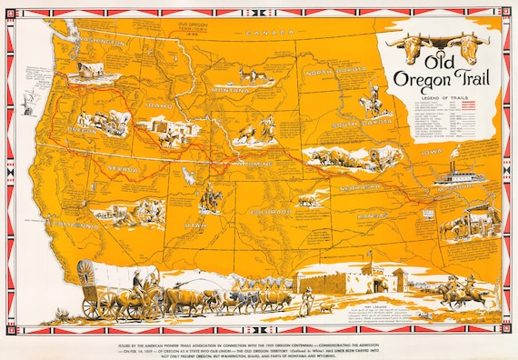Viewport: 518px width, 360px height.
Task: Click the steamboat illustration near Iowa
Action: point(454,172)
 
